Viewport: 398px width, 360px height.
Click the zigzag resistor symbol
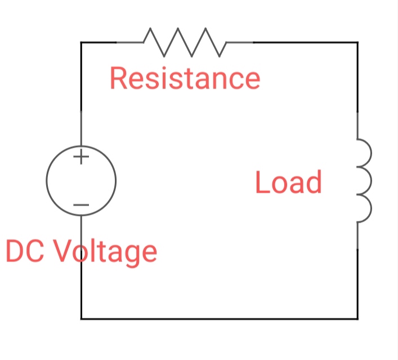(185, 42)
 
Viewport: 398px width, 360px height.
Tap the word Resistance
(185, 78)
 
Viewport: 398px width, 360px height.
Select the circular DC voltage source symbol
(81, 180)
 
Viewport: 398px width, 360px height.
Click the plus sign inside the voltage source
(81, 156)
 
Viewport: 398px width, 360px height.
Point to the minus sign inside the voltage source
(81, 205)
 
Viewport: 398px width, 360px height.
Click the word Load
(288, 183)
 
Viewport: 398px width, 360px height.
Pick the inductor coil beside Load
(364, 180)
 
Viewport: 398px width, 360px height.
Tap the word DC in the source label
(25, 251)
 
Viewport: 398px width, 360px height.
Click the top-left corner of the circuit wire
(81, 42)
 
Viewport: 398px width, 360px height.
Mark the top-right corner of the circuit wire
(357, 42)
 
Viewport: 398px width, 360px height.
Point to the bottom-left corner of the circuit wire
(81, 318)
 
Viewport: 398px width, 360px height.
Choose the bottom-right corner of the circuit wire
(357, 318)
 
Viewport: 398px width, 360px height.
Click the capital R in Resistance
(119, 78)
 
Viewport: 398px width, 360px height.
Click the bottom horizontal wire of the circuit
(220, 318)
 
